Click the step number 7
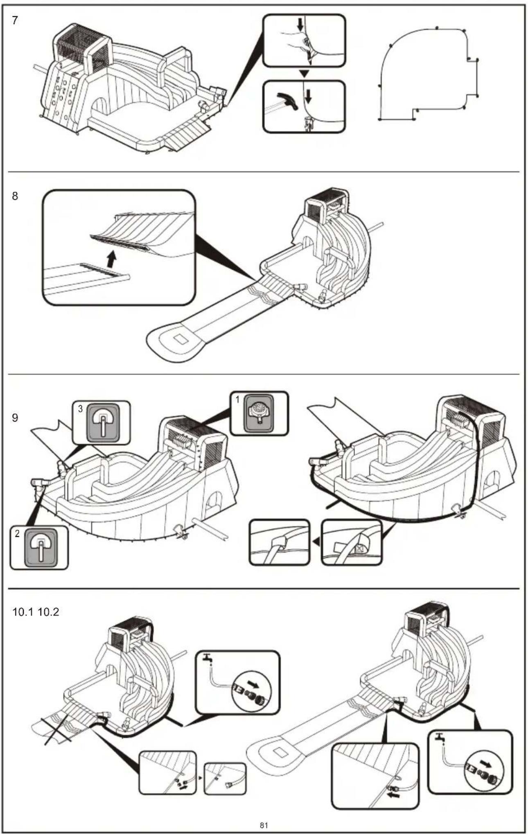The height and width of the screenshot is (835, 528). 15,20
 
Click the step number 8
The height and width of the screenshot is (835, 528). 15,196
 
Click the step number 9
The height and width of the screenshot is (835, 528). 15,418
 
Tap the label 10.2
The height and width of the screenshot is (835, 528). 48,612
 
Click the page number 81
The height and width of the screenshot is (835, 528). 264,825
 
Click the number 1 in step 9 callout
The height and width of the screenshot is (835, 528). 237,399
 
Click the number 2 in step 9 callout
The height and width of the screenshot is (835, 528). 17,534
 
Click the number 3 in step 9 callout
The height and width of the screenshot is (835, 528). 80,408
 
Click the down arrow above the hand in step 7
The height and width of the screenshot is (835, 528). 301,25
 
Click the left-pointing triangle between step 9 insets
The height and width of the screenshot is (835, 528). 316,542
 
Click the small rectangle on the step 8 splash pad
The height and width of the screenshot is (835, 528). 181,340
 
